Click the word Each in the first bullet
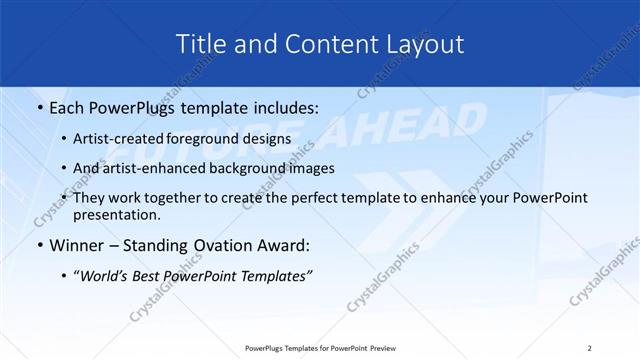tap(68, 107)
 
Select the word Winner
tap(73, 244)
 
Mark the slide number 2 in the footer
tap(590, 348)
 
